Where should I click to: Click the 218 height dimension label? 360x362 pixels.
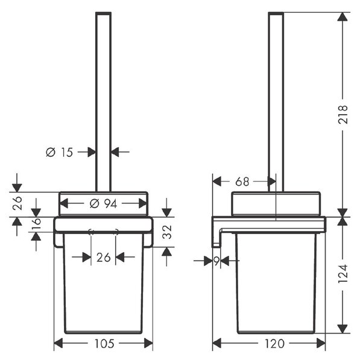343,115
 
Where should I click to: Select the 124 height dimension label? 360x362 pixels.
343,274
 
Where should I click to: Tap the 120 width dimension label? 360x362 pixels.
274,344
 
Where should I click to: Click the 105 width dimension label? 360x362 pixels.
104,344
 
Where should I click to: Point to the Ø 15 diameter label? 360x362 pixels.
59,153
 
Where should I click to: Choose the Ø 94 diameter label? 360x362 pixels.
103,204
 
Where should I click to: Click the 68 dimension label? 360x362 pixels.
242,182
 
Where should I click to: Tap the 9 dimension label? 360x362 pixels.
216,261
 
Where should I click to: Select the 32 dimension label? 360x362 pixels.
167,232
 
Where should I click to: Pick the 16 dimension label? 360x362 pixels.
36,223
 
